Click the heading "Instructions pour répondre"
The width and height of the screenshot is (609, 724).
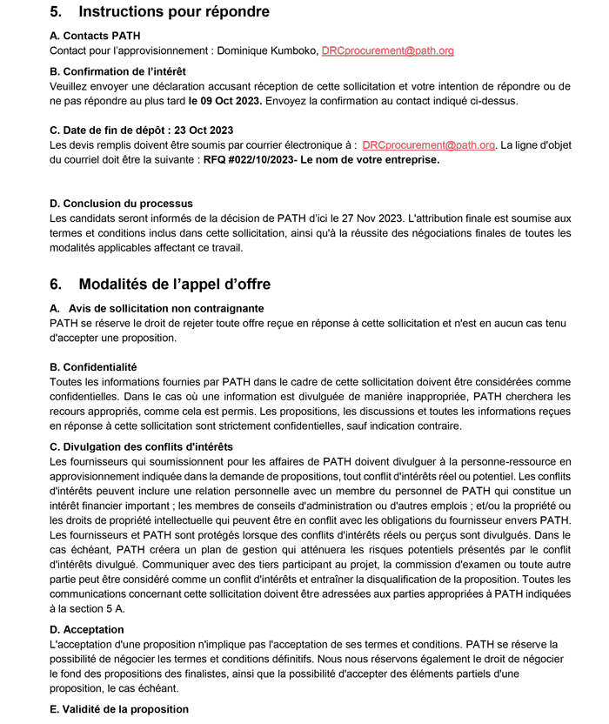[x=173, y=12]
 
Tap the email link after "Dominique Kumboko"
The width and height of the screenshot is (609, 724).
[x=388, y=51]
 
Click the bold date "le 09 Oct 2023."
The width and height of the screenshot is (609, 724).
[x=225, y=100]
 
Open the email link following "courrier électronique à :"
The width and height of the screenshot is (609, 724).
[x=428, y=145]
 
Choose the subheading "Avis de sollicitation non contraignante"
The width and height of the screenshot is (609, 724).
[x=166, y=308]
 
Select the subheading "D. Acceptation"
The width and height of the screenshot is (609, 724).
[x=86, y=629]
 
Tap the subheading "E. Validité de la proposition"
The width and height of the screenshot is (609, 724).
[x=118, y=708]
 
